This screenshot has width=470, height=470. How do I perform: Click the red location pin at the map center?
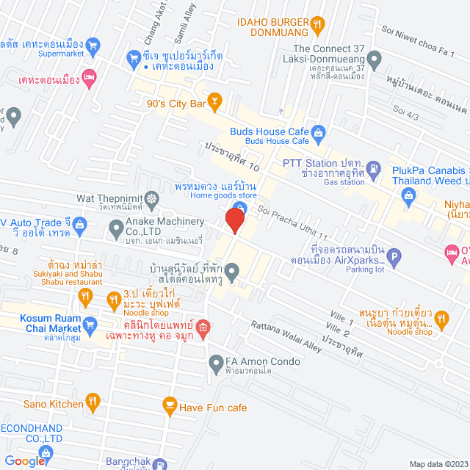tap(235, 220)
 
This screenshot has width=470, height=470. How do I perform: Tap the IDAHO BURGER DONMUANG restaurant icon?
tap(317, 24)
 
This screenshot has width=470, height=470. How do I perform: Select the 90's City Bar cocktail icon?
tap(215, 103)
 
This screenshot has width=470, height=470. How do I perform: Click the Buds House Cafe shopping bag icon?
tap(318, 132)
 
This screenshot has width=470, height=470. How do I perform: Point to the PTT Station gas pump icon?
tap(374, 167)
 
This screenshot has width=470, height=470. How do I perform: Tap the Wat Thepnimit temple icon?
tap(151, 198)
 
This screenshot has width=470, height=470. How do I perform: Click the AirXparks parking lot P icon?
tap(394, 258)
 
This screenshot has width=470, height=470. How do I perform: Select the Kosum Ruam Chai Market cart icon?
tap(90, 324)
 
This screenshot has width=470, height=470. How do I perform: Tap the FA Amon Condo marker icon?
tap(216, 362)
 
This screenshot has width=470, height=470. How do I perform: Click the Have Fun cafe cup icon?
tap(169, 405)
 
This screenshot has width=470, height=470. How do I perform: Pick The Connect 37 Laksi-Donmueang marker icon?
tap(374, 58)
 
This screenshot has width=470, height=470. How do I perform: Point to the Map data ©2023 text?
tap(438, 463)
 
